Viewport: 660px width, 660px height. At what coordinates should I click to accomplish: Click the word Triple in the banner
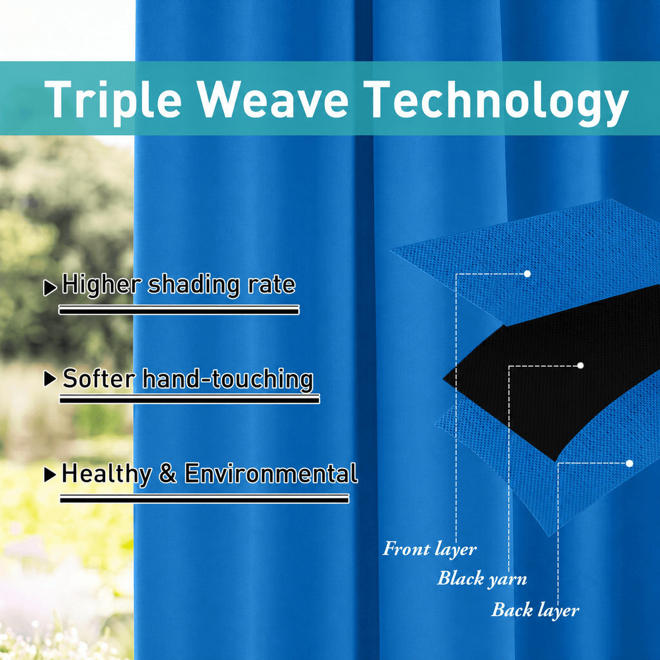pos(113,99)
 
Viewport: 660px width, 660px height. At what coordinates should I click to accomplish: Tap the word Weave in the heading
pos(274,101)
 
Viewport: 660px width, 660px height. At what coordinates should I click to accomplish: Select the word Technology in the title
pos(496,103)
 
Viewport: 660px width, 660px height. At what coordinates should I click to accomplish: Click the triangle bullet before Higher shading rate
pos(50,288)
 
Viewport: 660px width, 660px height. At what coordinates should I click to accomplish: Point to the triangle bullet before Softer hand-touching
pos(51,379)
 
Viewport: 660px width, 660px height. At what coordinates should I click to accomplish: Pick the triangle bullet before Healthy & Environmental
pos(51,475)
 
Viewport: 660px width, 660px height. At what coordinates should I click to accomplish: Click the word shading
pos(193,285)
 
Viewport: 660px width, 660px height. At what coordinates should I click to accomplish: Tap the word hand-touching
pos(228,379)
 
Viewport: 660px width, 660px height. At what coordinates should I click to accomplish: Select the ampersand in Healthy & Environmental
pos(168,473)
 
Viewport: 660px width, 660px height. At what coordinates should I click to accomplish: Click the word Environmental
pos(271,473)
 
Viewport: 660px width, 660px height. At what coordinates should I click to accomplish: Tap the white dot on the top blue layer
pos(527,274)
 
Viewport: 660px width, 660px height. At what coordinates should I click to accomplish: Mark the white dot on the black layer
pos(581,365)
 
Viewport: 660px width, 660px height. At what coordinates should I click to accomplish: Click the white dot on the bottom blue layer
pos(629,463)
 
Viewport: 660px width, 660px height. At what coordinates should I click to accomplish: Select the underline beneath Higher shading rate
pos(179,310)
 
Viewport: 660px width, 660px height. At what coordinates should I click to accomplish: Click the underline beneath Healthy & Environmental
pos(205,498)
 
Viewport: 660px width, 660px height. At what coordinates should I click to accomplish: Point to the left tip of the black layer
pos(443,379)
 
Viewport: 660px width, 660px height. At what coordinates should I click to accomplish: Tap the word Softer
pos(99,378)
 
